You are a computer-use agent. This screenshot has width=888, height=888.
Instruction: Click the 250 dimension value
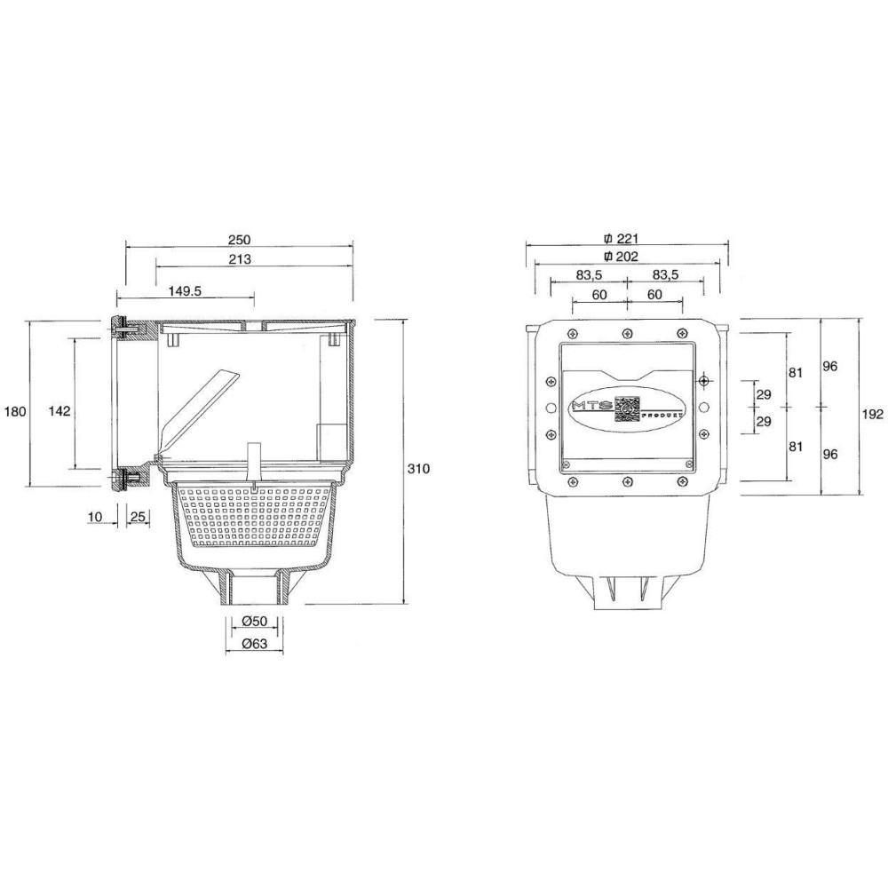pos(239,240)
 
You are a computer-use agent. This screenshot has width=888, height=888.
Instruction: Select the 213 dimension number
pos(240,259)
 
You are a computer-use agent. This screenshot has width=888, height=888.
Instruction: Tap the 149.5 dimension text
pos(186,291)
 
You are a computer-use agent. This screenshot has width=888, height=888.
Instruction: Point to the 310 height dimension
pos(418,469)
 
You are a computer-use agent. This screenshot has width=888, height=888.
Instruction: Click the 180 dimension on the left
pos(15,411)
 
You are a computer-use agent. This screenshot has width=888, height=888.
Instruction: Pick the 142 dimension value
pos(59,410)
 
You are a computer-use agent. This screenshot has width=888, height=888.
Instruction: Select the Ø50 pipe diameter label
pos(254,621)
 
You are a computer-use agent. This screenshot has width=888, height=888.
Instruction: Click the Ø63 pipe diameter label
pos(254,644)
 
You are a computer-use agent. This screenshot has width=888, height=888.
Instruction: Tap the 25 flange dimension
pos(139,517)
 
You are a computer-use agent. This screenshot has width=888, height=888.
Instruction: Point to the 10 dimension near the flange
pos(95,517)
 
